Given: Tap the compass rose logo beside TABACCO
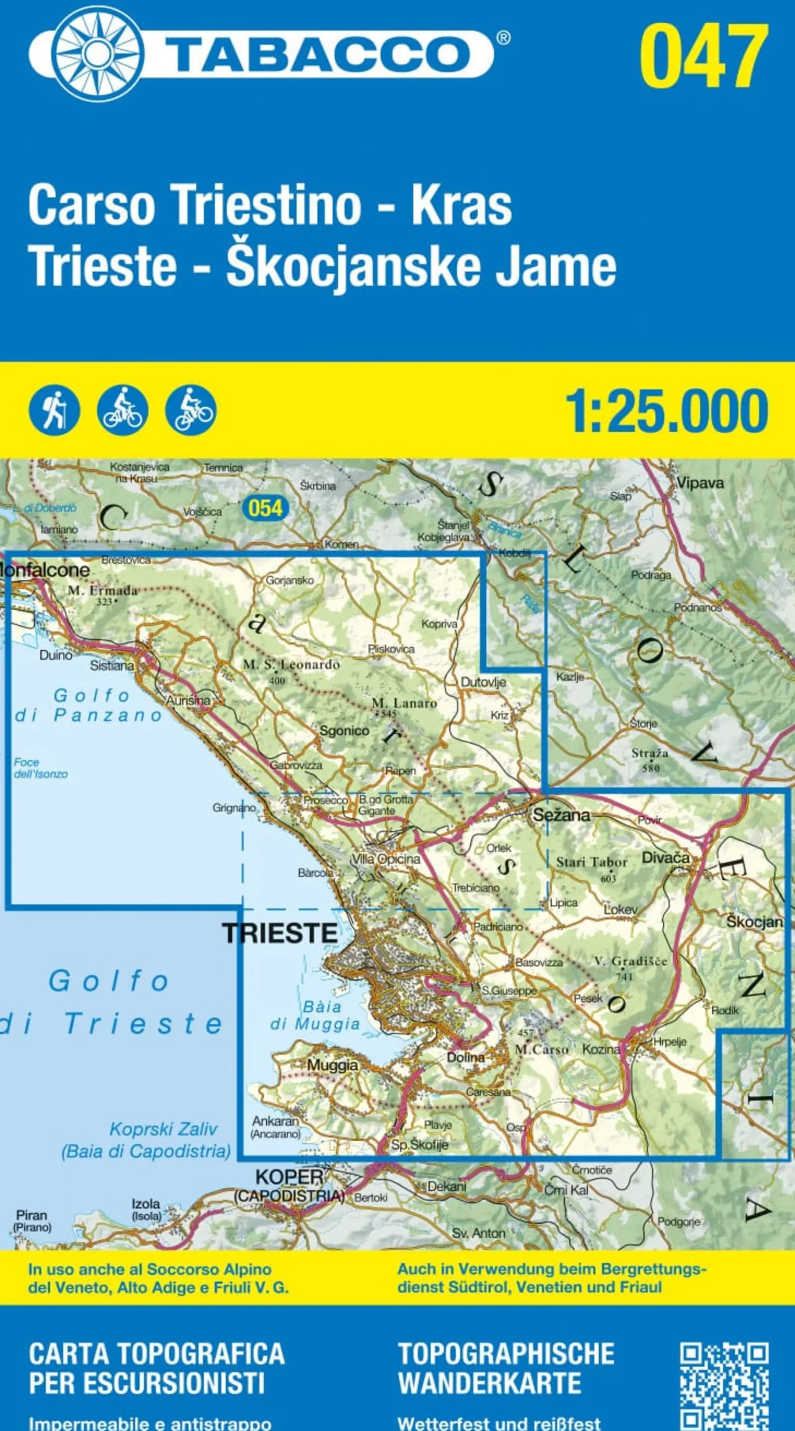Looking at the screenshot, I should [98, 54].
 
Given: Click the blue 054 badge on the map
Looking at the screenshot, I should [266, 508].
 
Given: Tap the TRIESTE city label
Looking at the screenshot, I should [280, 932].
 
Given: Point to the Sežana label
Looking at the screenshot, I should [561, 814].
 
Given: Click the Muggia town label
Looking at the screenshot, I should [332, 1065].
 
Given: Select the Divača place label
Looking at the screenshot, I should [665, 857].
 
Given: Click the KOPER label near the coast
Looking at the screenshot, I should [289, 1177].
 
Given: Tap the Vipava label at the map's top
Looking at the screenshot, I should [700, 482].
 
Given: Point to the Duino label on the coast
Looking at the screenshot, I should [56, 655].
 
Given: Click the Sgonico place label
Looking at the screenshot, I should [344, 731].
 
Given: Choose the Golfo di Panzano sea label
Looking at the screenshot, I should [89, 705].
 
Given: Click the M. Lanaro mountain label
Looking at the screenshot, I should [404, 703].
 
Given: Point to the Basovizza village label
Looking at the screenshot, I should [539, 963].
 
